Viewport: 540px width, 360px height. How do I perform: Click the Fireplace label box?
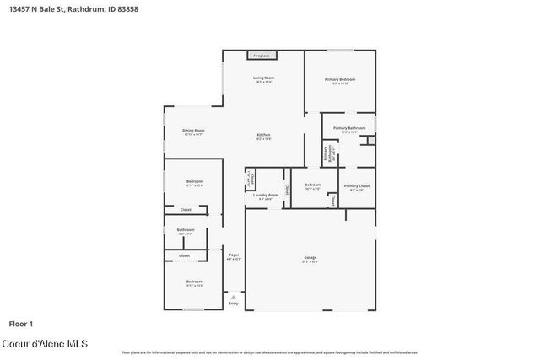click(262, 56)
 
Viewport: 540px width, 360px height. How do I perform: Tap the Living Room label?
click(264, 79)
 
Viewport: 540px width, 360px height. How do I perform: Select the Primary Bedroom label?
click(340, 81)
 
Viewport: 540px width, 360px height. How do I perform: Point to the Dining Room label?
click(193, 132)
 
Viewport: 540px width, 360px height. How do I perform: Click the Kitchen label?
click(264, 137)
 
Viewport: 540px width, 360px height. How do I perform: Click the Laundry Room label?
click(266, 196)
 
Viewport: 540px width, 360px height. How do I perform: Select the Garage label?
click(310, 258)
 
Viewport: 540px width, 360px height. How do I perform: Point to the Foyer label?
click(234, 256)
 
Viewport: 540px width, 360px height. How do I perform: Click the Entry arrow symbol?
click(234, 297)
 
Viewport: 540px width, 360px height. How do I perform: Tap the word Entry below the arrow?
click(234, 304)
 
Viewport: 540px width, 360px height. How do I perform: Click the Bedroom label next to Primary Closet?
click(312, 186)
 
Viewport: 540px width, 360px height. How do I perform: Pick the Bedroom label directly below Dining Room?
click(194, 183)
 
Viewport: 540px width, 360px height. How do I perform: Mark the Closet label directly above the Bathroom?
click(186, 209)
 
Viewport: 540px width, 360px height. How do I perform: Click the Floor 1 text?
click(20, 323)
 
